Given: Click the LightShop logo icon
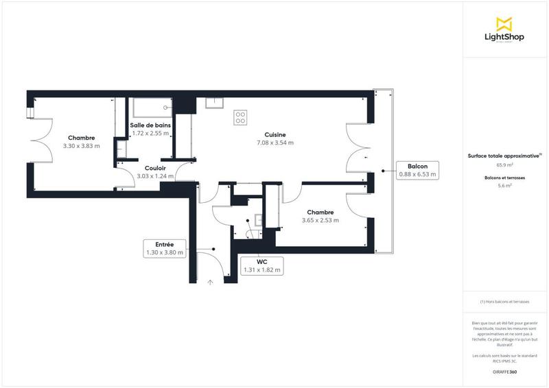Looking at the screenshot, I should coord(504,23).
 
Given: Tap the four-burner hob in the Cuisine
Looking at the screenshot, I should coord(240,118).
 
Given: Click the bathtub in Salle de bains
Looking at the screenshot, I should coord(151,108).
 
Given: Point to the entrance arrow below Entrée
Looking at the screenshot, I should coord(210,281).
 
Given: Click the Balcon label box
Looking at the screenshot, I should coord(417,171).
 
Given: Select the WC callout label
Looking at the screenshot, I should coord(261,265).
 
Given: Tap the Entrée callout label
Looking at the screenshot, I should coord(164,248).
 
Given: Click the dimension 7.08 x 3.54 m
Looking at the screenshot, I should coord(274,143).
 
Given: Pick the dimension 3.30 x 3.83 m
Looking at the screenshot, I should coord(81,146).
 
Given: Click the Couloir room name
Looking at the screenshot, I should coord(155,168).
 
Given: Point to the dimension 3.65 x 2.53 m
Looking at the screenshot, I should coord(320,221).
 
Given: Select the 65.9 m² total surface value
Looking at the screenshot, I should coord(504,165).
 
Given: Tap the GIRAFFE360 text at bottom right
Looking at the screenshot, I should coord(504,371).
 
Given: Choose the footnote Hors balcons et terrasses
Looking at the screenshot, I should coord(504,302).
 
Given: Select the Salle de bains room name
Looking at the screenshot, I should coord(150,125).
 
